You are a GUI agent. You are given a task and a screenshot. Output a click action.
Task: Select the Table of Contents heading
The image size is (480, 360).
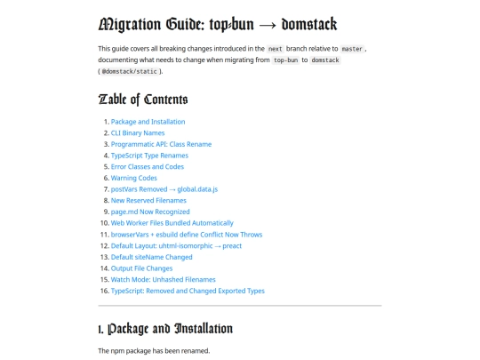point(143,99)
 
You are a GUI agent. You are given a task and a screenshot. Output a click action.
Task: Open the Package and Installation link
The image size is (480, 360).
point(148,122)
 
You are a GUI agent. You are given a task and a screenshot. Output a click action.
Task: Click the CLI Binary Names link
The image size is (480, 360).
point(138,132)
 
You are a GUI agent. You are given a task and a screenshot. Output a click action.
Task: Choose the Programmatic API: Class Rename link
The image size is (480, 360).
point(161,144)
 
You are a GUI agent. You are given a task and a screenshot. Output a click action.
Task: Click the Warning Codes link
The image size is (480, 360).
point(134,178)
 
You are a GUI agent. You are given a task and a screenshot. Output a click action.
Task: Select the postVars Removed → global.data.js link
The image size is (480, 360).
point(164,189)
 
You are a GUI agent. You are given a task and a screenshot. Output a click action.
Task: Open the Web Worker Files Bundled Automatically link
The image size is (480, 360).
point(172,223)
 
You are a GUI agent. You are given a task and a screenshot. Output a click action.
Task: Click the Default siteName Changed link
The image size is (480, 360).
point(152,257)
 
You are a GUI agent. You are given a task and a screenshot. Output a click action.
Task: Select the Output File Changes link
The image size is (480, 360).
point(142,268)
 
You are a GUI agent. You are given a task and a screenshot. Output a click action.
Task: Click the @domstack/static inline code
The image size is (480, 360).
point(130,70)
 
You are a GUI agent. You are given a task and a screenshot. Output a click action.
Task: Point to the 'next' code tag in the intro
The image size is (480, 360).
point(276,48)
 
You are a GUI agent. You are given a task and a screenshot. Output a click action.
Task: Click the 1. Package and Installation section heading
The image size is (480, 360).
point(165,330)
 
